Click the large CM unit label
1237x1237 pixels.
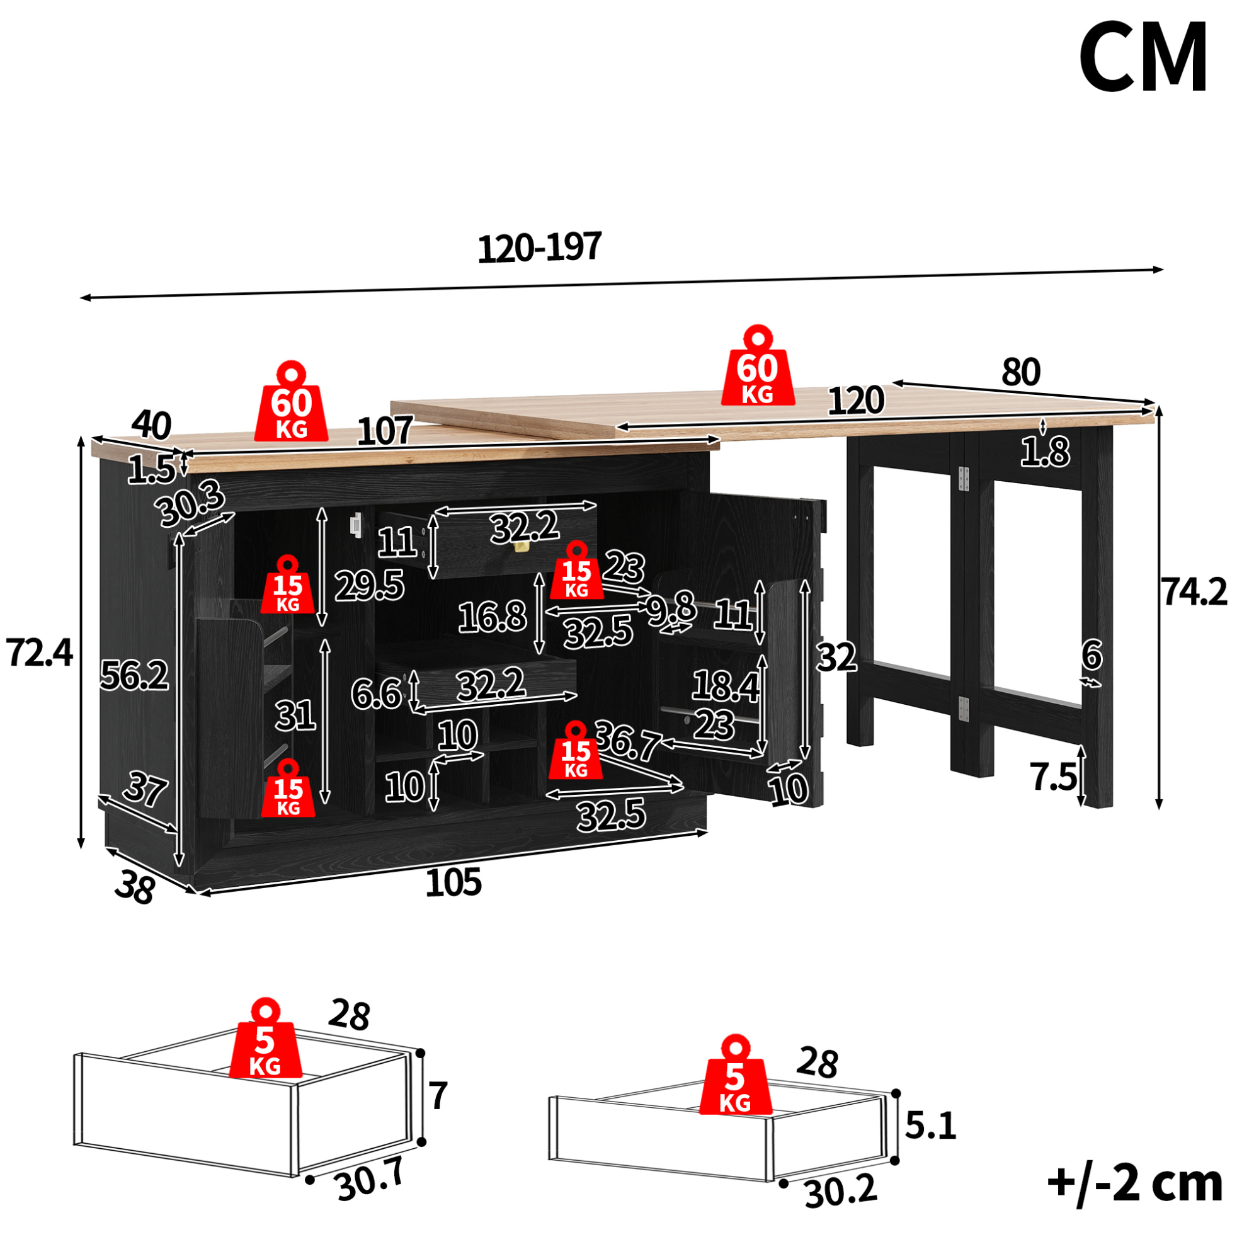[1144, 57]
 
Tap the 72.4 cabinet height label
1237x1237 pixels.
[40, 653]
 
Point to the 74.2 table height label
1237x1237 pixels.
[1195, 591]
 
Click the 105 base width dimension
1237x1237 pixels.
[453, 882]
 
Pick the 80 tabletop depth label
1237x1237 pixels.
[1021, 372]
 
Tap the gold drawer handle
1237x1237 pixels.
[522, 545]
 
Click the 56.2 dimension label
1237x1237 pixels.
[134, 675]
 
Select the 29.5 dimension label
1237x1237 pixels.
[370, 585]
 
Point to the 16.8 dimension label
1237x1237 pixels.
[493, 617]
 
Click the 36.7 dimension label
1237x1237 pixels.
[627, 741]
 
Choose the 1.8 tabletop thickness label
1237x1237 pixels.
[1045, 452]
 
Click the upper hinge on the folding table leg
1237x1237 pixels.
[964, 479]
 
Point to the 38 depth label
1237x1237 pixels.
[134, 889]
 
